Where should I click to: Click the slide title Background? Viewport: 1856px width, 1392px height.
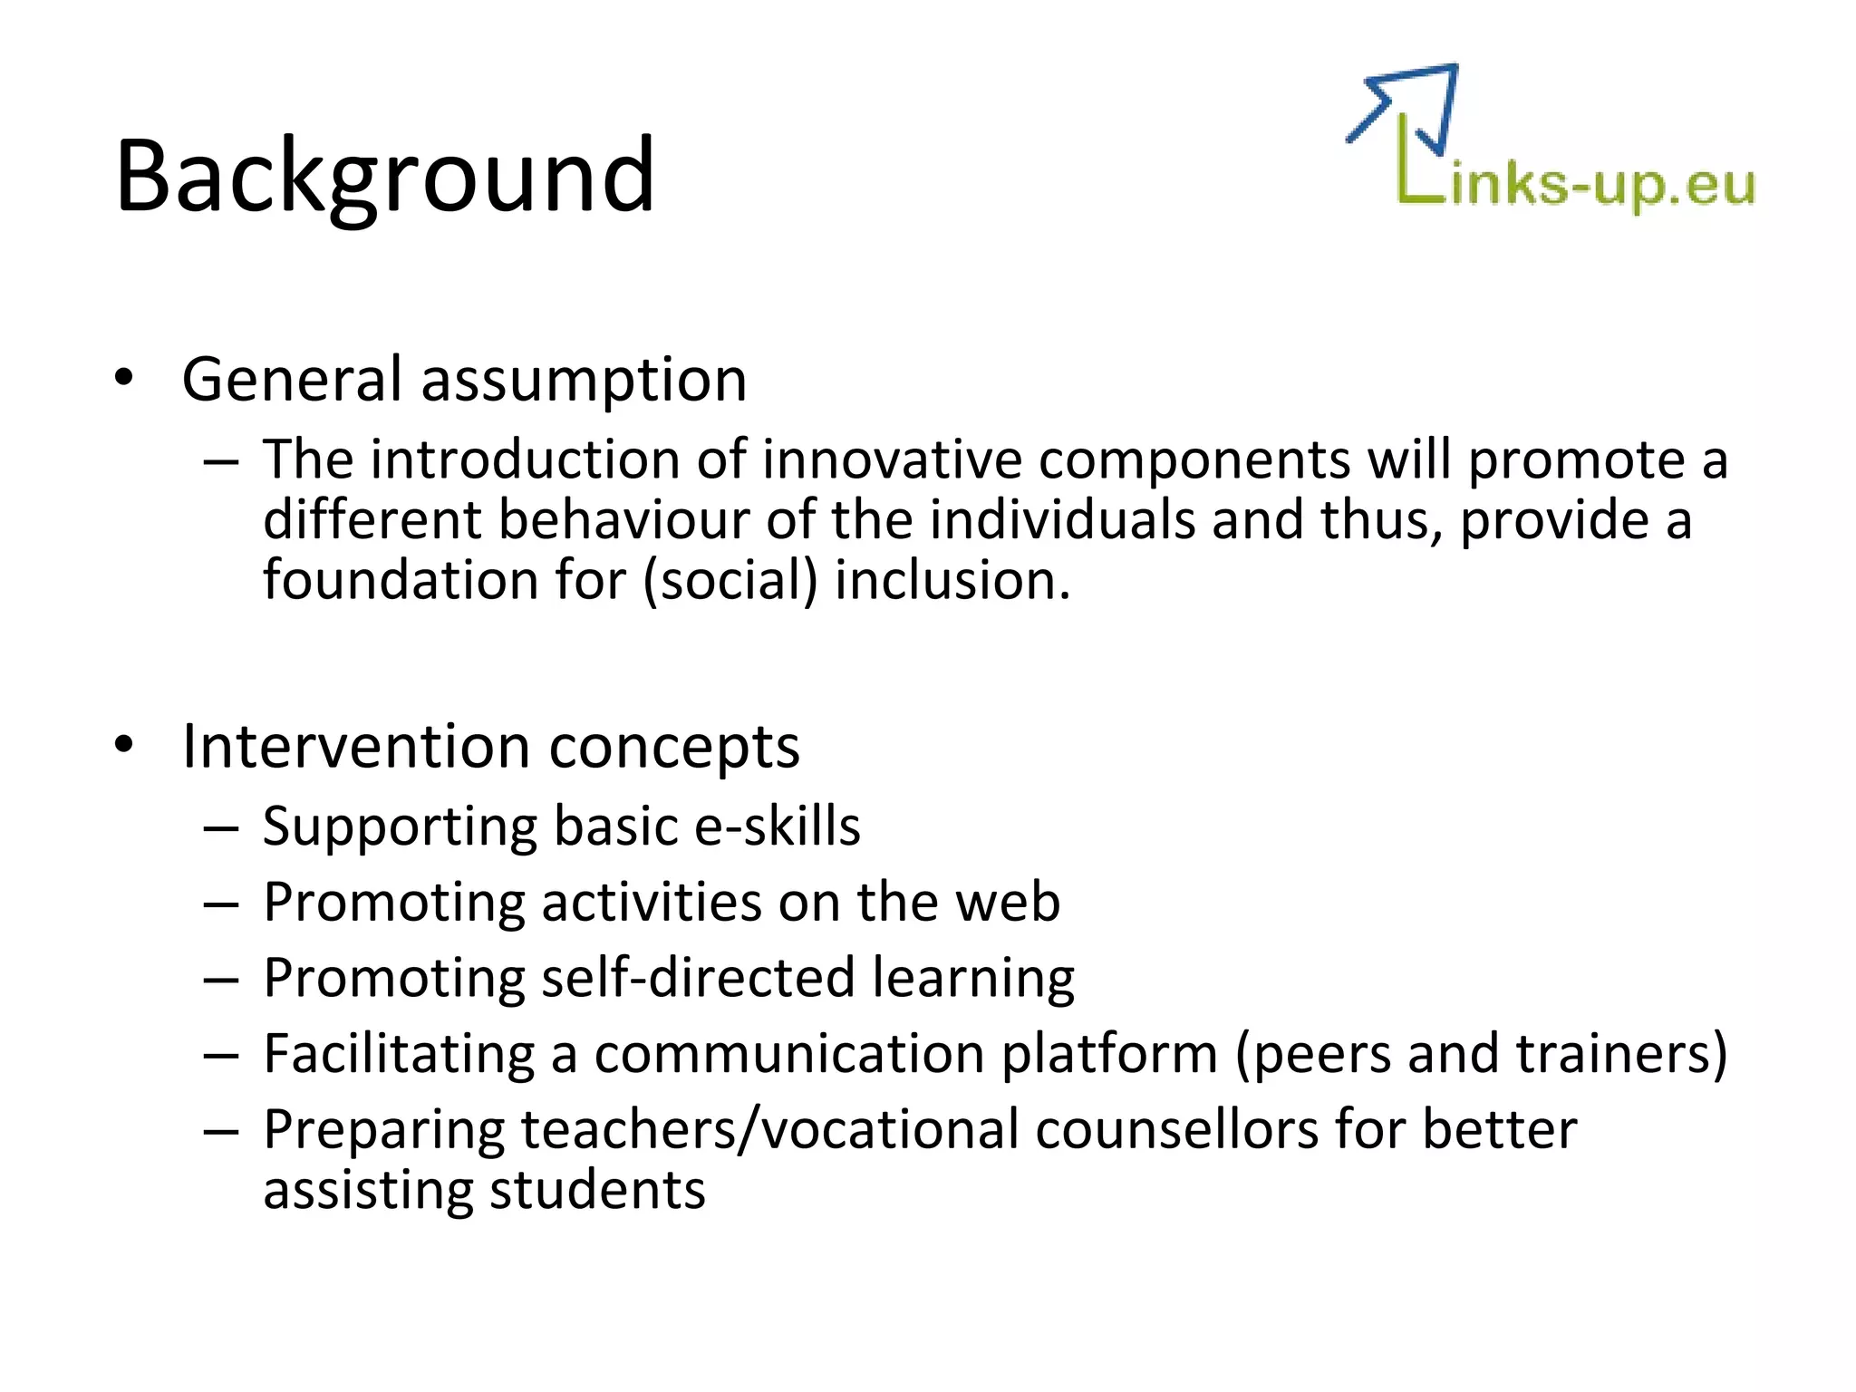point(384,176)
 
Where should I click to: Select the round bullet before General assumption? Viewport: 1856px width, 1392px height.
point(124,379)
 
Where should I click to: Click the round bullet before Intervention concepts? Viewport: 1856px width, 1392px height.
point(124,746)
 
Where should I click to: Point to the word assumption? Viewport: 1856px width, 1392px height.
point(585,381)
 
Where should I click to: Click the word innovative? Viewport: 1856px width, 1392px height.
point(892,459)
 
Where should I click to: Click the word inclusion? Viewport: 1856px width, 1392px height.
point(952,581)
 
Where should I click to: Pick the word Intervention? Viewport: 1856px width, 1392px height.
point(357,747)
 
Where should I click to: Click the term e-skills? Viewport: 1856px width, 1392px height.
point(777,826)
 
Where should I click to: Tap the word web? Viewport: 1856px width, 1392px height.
point(1007,903)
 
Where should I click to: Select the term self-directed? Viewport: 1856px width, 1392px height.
point(698,978)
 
